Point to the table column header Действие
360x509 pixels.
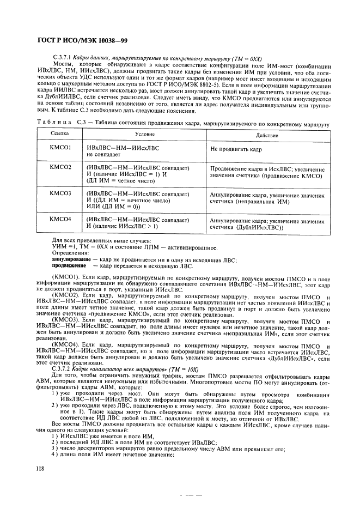(x=267, y=135)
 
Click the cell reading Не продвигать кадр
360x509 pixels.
(x=235, y=148)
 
